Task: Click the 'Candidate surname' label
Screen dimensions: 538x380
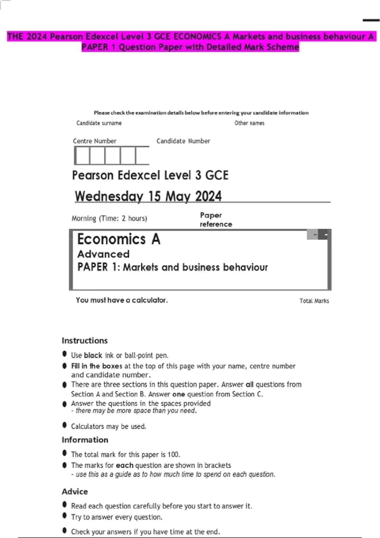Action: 99,123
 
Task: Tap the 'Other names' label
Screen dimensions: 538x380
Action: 249,123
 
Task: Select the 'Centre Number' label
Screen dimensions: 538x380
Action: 94,141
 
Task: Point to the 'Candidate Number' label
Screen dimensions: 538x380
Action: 183,141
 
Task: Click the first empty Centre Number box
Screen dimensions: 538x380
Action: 82,156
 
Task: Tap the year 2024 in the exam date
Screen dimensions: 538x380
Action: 208,196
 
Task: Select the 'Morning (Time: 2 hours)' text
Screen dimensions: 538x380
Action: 109,218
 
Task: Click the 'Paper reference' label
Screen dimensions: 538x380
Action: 216,220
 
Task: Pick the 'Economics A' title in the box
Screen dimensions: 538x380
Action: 119,239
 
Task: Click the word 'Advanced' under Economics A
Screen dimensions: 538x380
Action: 103,254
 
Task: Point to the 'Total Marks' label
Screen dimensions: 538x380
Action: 314,301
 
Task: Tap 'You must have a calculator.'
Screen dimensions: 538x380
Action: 122,300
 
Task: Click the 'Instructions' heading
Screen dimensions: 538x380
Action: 85,341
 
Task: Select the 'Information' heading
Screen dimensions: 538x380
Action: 85,440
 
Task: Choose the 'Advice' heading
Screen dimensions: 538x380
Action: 75,491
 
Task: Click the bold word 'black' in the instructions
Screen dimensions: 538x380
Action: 93,355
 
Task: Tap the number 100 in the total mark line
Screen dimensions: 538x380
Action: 173,455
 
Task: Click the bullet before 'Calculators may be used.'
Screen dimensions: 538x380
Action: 65,425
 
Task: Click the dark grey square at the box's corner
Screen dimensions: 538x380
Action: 323,235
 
